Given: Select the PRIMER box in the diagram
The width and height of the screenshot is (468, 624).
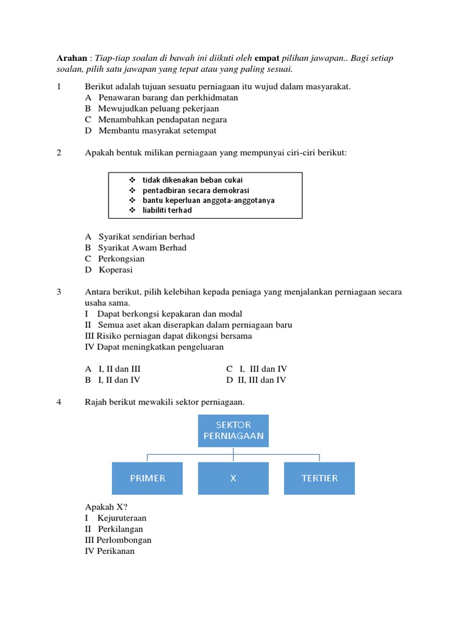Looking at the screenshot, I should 147,478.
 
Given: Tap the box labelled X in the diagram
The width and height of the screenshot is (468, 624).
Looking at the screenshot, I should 233,478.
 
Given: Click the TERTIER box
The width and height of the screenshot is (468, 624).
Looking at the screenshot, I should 319,478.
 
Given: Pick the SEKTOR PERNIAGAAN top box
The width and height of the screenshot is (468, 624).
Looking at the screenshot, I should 233,430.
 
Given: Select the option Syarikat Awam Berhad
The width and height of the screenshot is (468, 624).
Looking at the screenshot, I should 136,248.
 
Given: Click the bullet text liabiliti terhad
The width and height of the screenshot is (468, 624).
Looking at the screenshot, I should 167,210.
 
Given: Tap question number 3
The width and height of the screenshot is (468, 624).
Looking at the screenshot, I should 59,292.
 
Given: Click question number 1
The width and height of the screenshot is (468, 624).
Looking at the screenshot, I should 59,87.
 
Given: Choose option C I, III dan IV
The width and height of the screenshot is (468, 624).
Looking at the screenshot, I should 257,369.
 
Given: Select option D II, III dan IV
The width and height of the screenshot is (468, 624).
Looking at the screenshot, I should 257,380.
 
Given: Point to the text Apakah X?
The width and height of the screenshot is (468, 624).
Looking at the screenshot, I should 106,507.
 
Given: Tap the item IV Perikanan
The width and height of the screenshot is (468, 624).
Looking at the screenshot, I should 110,551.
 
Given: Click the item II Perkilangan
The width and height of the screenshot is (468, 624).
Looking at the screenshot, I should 114,529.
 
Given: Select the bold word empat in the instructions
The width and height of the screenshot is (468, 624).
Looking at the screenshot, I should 266,58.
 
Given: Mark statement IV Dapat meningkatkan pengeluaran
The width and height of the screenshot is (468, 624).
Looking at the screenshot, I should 154,347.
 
